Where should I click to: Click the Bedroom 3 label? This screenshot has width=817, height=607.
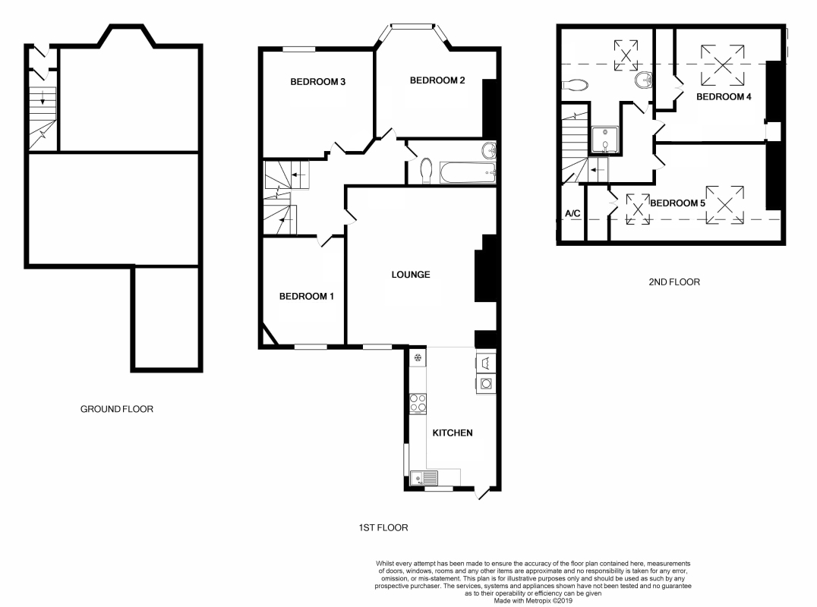pos(318,82)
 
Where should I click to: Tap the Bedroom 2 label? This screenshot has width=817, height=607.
pos(437,80)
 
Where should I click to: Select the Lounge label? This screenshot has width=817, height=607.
pos(411,275)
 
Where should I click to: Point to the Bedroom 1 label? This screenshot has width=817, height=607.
pos(307,296)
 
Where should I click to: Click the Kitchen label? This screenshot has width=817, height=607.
pos(453,432)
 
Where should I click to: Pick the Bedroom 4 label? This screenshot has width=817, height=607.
pos(724,96)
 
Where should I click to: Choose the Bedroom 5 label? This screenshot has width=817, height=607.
pos(677,203)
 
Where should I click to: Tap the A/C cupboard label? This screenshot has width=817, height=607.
pos(573,213)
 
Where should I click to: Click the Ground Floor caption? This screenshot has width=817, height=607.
pos(117,409)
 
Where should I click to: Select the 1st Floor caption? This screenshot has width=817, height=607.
pos(383,527)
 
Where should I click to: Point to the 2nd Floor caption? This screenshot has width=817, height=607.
pos(674,282)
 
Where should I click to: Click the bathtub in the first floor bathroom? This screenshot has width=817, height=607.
pos(468,172)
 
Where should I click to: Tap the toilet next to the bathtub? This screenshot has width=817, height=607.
pos(426,171)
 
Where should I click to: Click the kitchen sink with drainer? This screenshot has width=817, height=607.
pos(424,477)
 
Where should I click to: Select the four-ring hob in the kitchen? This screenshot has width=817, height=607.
pos(418,404)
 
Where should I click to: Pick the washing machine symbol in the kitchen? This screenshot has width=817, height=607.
pos(486,384)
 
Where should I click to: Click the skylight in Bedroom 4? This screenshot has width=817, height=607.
pos(722,65)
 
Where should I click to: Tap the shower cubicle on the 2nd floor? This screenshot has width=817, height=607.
pos(605,140)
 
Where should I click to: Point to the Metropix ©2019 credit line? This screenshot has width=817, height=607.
pos(533,600)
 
